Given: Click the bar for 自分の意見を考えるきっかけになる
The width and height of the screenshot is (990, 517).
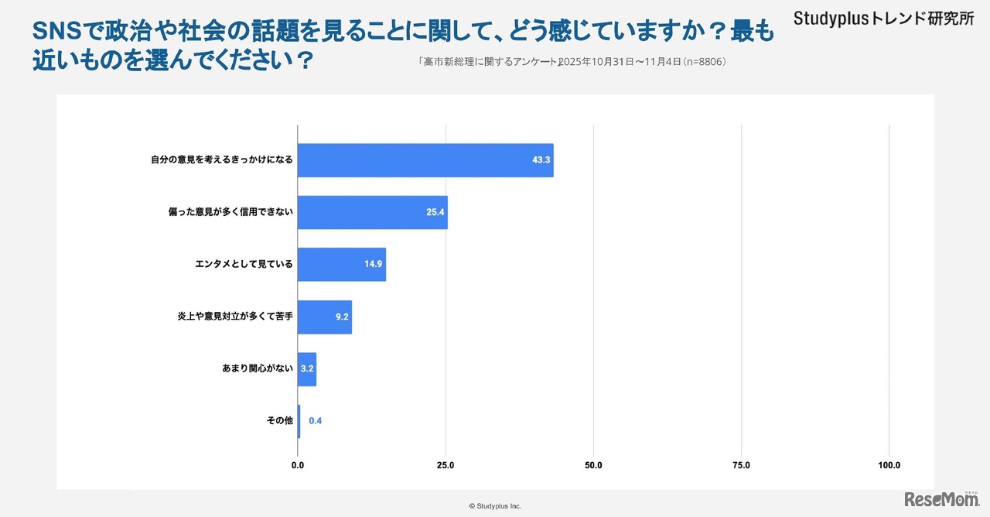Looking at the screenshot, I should [425, 160].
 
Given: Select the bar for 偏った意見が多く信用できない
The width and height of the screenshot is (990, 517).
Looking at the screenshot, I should [372, 212].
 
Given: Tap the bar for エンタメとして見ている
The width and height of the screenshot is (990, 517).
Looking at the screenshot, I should [341, 264].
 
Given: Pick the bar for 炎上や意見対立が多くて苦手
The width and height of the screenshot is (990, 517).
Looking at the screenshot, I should [324, 317].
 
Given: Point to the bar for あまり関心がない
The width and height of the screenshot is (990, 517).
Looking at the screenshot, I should [306, 369].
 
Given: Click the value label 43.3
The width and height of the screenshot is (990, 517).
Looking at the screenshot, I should [541, 160].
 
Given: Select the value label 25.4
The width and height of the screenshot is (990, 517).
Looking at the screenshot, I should [435, 212].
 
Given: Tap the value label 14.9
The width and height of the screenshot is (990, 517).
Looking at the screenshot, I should [374, 264].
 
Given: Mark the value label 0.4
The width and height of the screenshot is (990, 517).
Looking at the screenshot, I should [316, 421].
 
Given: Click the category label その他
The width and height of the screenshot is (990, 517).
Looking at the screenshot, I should [279, 420].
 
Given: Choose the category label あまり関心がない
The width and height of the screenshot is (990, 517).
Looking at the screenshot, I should [258, 368].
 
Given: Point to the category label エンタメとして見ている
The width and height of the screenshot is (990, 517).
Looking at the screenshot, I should [244, 264].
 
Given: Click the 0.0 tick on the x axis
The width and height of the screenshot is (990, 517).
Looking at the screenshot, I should [298, 465].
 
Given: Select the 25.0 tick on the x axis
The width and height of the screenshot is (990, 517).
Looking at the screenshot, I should [445, 465].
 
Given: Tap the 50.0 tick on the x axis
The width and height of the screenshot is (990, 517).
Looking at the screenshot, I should [593, 465].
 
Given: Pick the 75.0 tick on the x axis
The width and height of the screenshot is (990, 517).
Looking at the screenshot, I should [741, 465].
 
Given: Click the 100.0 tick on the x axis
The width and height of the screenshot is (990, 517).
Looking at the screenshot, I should [889, 465].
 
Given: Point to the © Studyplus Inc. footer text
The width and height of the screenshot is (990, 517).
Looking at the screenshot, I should [495, 506].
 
